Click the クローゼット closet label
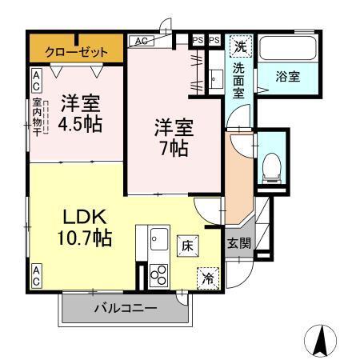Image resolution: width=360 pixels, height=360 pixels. click(x=76, y=50)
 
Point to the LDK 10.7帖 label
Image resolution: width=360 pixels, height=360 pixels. click(x=82, y=226)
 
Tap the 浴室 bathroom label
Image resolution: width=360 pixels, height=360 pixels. click(x=288, y=77)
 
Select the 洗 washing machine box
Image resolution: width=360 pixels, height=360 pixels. click(x=239, y=47)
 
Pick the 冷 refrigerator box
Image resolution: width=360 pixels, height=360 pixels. click(x=208, y=278)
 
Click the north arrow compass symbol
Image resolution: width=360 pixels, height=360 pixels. click(x=321, y=340)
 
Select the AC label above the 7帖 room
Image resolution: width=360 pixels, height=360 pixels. click(x=140, y=40)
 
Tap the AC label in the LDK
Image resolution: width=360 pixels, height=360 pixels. click(x=37, y=276)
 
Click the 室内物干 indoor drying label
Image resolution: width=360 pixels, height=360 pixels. click(x=37, y=116)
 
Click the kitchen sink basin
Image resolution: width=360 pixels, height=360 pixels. click(x=158, y=238)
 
